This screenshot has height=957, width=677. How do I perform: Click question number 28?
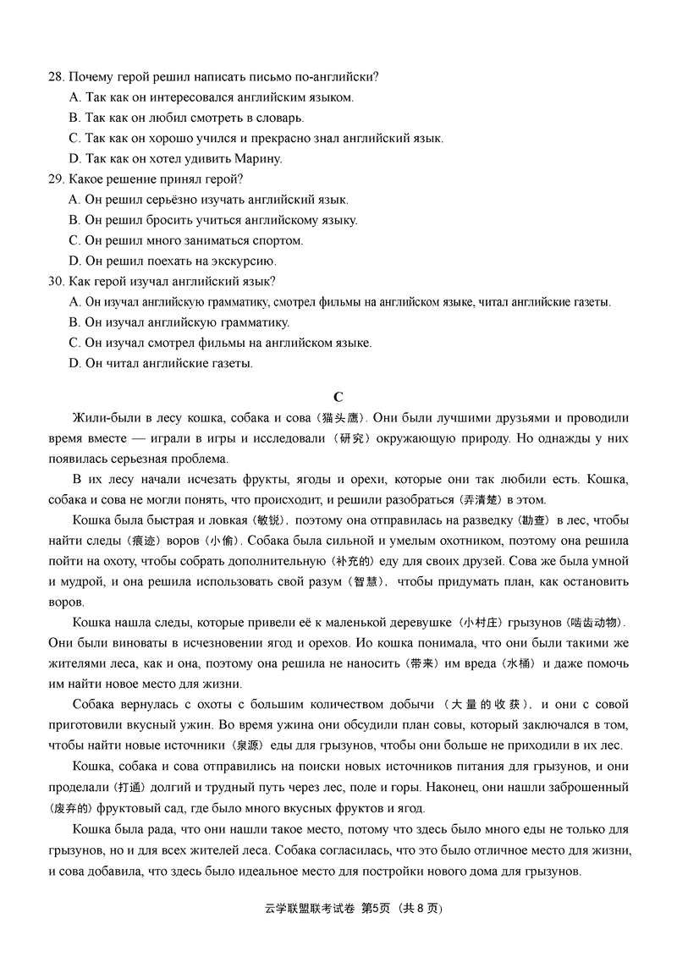point(56,77)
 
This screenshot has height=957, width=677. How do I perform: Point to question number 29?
point(56,179)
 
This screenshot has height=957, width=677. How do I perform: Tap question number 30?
point(56,282)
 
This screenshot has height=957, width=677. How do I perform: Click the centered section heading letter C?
point(338,396)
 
